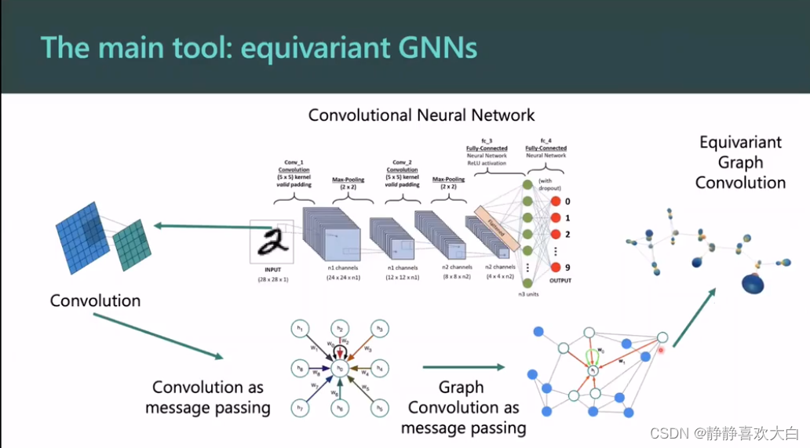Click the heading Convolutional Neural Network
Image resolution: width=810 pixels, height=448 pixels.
(421, 115)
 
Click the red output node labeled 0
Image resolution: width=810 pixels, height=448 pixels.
(556, 202)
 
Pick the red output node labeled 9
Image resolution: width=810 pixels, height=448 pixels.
(556, 268)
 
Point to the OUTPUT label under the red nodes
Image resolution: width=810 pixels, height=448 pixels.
(560, 280)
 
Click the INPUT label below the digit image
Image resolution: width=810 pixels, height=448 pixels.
(272, 269)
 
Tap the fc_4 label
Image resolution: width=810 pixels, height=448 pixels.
(545, 140)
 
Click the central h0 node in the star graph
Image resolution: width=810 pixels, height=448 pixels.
(340, 367)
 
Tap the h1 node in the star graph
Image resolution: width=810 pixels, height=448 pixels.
(299, 327)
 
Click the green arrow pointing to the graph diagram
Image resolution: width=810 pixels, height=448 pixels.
(463, 367)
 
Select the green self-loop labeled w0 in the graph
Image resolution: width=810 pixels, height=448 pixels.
(594, 355)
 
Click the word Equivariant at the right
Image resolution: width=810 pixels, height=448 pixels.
(741, 142)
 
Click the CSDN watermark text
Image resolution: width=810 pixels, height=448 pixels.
(667, 432)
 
